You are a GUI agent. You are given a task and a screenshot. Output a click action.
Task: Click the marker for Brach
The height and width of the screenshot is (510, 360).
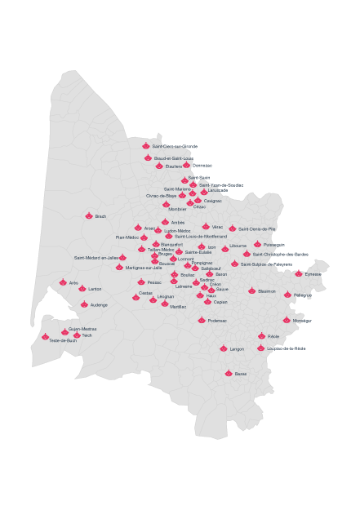(89, 215)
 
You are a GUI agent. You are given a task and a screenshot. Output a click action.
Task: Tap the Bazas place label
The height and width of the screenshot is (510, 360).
(240, 374)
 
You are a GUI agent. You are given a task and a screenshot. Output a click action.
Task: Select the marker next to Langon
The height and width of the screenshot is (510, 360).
(223, 348)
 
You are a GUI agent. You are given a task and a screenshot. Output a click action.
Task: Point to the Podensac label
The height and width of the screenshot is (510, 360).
(217, 321)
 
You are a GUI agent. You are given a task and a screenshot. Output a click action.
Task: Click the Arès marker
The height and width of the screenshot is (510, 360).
(63, 282)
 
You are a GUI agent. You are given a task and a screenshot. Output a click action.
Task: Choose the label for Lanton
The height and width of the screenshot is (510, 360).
(95, 289)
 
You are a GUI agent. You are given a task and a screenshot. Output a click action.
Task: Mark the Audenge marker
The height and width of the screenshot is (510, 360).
(84, 304)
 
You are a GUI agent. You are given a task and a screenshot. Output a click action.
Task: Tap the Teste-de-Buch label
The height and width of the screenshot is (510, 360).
(63, 340)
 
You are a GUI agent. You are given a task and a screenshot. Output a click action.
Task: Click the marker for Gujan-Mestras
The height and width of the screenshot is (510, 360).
(65, 331)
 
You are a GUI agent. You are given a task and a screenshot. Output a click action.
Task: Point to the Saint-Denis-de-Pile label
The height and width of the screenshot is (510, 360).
(256, 229)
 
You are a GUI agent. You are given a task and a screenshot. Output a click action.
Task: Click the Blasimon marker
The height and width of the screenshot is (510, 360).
(251, 290)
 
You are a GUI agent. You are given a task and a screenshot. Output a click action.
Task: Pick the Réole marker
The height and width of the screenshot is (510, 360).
(261, 335)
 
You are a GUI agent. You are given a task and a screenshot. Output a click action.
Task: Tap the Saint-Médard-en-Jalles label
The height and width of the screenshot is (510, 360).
(96, 258)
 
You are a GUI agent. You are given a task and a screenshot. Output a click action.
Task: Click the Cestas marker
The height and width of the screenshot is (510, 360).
(136, 297)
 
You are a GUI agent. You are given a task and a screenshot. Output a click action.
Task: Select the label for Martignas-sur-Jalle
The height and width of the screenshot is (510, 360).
(144, 268)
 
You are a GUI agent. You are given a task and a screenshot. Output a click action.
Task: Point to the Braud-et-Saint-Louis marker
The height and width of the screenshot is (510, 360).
(148, 157)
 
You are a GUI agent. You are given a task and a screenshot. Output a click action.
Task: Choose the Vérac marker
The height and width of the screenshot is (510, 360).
(206, 226)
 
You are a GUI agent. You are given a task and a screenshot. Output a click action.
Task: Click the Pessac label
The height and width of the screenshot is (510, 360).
(154, 282)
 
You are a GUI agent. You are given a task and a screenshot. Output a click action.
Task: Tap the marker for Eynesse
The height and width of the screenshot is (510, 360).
(299, 273)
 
